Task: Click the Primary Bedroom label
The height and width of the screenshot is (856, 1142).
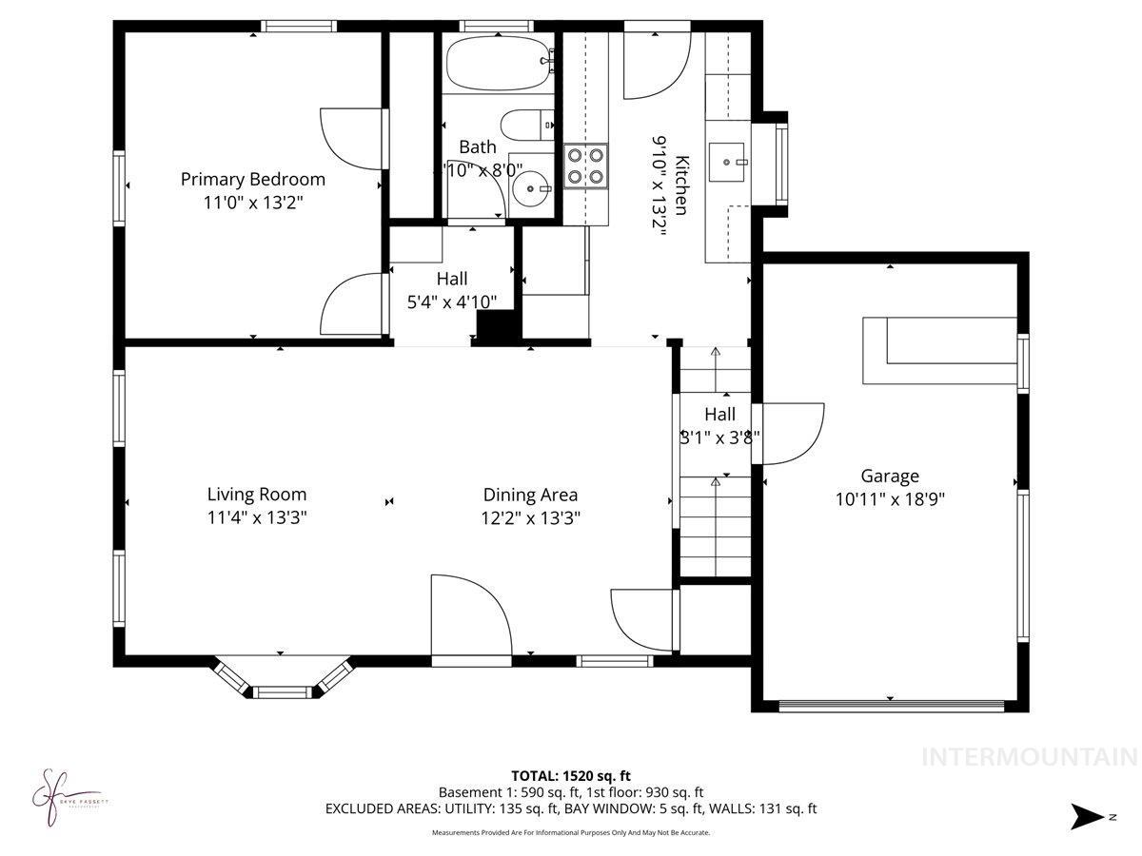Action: pyautogui.click(x=253, y=179)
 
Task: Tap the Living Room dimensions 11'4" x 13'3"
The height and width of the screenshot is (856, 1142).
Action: pyautogui.click(x=257, y=518)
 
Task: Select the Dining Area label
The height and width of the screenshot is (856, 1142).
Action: pyautogui.click(x=530, y=495)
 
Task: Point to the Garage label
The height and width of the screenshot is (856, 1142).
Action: pyautogui.click(x=890, y=476)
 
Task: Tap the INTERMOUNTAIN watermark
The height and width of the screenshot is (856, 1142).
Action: pyautogui.click(x=1030, y=757)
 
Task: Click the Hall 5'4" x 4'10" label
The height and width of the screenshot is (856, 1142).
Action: pyautogui.click(x=452, y=290)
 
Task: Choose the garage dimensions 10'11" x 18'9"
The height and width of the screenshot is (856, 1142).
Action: pyautogui.click(x=890, y=498)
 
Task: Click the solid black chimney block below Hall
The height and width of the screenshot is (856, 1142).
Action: pyautogui.click(x=497, y=327)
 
